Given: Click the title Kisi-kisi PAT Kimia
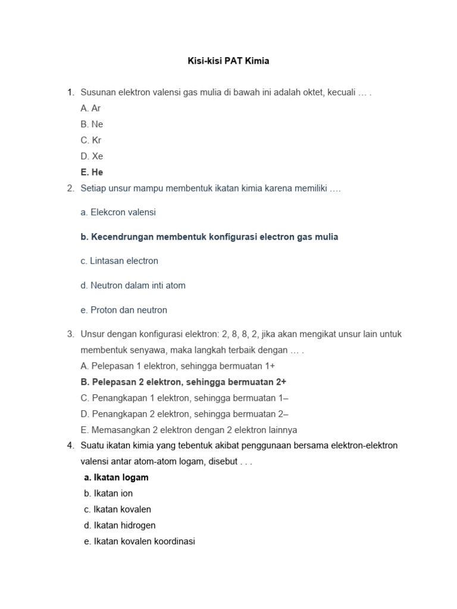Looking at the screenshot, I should (229, 61).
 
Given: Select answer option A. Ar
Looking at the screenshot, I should (90, 108).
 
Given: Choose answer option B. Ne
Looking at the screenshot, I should (92, 124).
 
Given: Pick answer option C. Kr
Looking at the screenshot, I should (91, 140).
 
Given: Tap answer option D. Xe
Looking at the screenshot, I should (92, 156).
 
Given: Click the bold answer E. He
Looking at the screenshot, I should (92, 172).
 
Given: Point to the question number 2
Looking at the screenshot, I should (70, 189).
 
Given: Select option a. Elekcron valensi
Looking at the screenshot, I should (118, 212).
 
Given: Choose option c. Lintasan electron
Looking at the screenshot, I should (119, 261).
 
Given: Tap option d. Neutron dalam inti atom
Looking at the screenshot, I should (133, 285).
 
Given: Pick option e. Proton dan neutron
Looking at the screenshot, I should (124, 310).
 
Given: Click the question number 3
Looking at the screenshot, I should (70, 334).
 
